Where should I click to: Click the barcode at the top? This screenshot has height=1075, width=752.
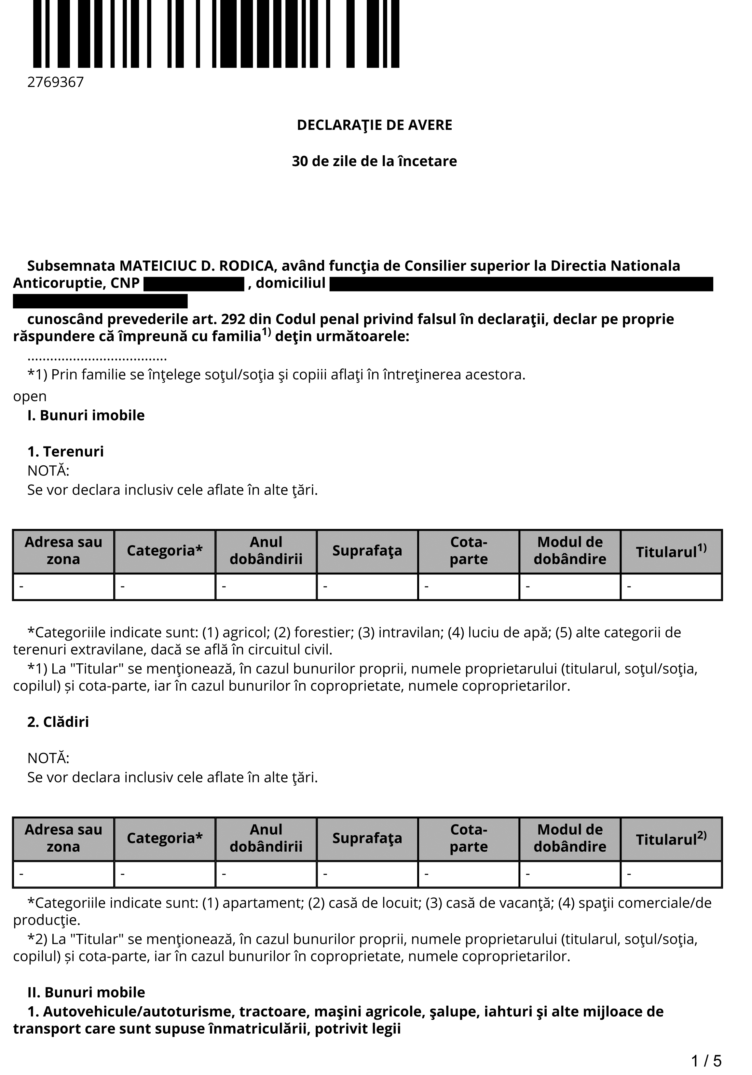[216, 34]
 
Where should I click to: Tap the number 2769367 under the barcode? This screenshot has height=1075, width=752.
[56, 82]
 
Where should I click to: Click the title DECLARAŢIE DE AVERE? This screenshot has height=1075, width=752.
[374, 125]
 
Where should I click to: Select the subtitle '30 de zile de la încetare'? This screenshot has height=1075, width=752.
[374, 161]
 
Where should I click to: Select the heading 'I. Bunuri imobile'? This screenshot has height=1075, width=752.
[86, 415]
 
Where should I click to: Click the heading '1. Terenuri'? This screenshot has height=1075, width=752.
[65, 451]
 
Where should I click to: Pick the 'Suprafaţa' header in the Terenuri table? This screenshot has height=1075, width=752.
[367, 551]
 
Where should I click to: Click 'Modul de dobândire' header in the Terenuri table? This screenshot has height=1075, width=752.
[570, 551]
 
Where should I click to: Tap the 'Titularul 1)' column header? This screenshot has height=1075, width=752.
[671, 551]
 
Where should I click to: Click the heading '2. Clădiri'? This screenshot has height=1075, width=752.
[58, 722]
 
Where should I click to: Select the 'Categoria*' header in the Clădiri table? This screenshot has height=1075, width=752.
[165, 838]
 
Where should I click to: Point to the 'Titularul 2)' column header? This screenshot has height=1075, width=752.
[671, 839]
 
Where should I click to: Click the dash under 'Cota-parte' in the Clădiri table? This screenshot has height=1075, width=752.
[427, 874]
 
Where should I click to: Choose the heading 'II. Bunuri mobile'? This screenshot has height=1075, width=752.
[86, 993]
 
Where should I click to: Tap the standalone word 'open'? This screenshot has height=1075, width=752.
[30, 397]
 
